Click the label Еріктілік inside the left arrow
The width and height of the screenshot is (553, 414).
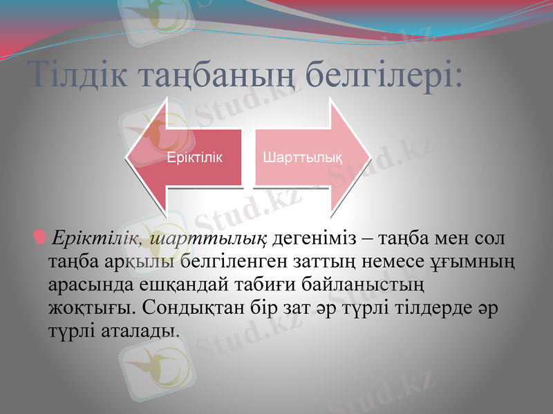[195, 157]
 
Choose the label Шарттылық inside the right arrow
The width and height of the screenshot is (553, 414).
[302, 157]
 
